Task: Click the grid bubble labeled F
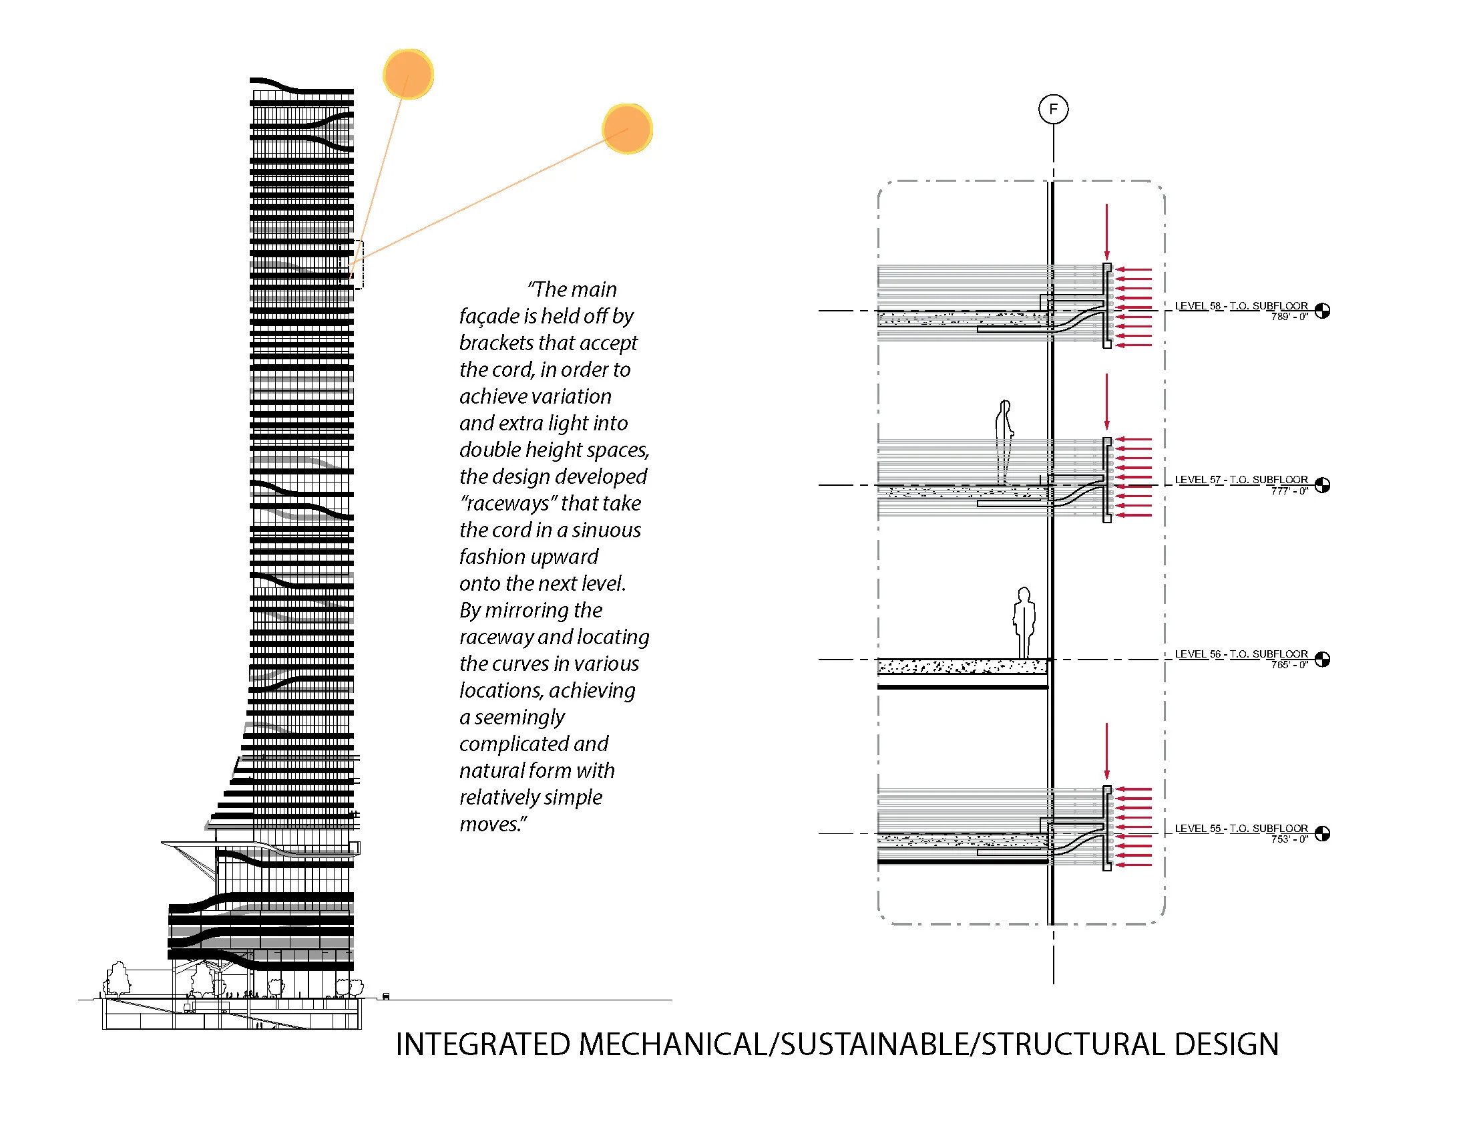(x=1052, y=109)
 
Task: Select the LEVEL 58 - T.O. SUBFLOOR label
(x=1241, y=306)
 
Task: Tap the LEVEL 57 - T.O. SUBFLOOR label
(x=1241, y=480)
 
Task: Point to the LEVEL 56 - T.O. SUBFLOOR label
(x=1241, y=654)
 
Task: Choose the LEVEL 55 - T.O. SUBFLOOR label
(x=1241, y=829)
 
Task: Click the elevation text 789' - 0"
(x=1289, y=317)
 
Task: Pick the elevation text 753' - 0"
(x=1289, y=839)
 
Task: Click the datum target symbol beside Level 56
(x=1322, y=660)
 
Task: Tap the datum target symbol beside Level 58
(x=1322, y=311)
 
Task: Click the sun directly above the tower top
(x=407, y=74)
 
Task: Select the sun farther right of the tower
(x=627, y=128)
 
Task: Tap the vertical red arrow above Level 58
(x=1106, y=232)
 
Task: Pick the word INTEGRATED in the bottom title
(x=482, y=1044)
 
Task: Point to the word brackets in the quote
(x=495, y=343)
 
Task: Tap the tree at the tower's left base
(x=119, y=978)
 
